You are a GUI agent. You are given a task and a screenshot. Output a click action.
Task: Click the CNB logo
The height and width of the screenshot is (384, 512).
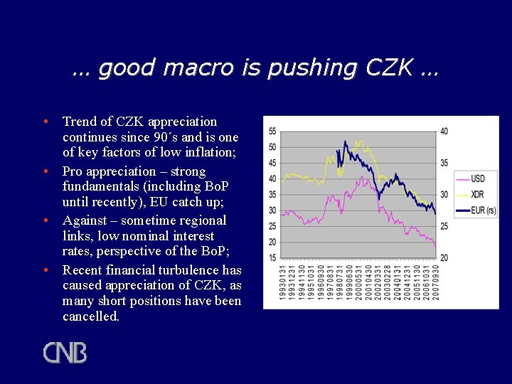[65, 353]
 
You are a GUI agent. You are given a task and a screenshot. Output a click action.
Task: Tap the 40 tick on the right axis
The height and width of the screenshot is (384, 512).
[444, 132]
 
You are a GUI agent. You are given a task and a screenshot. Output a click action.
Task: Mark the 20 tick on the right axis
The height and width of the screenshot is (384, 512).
[444, 257]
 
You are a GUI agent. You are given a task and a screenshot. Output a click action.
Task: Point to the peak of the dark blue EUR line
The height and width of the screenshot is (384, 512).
[345, 142]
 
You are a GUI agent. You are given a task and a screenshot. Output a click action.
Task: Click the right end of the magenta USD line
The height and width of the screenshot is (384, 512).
[435, 246]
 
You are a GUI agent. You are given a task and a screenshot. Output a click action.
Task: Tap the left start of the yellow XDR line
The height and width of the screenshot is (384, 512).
[282, 181]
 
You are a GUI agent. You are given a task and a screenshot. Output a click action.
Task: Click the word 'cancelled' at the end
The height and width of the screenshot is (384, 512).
[90, 316]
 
